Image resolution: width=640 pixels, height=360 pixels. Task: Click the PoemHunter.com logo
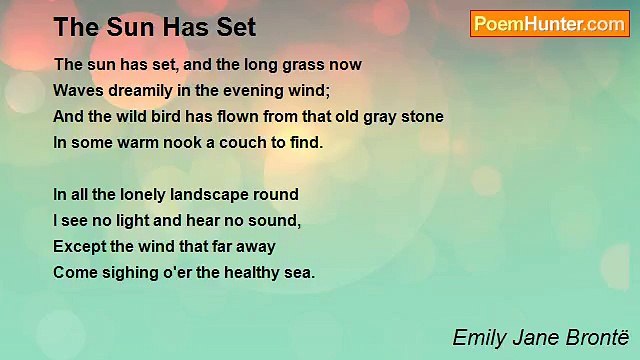click(x=549, y=24)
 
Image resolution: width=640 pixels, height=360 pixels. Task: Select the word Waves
click(x=77, y=90)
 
